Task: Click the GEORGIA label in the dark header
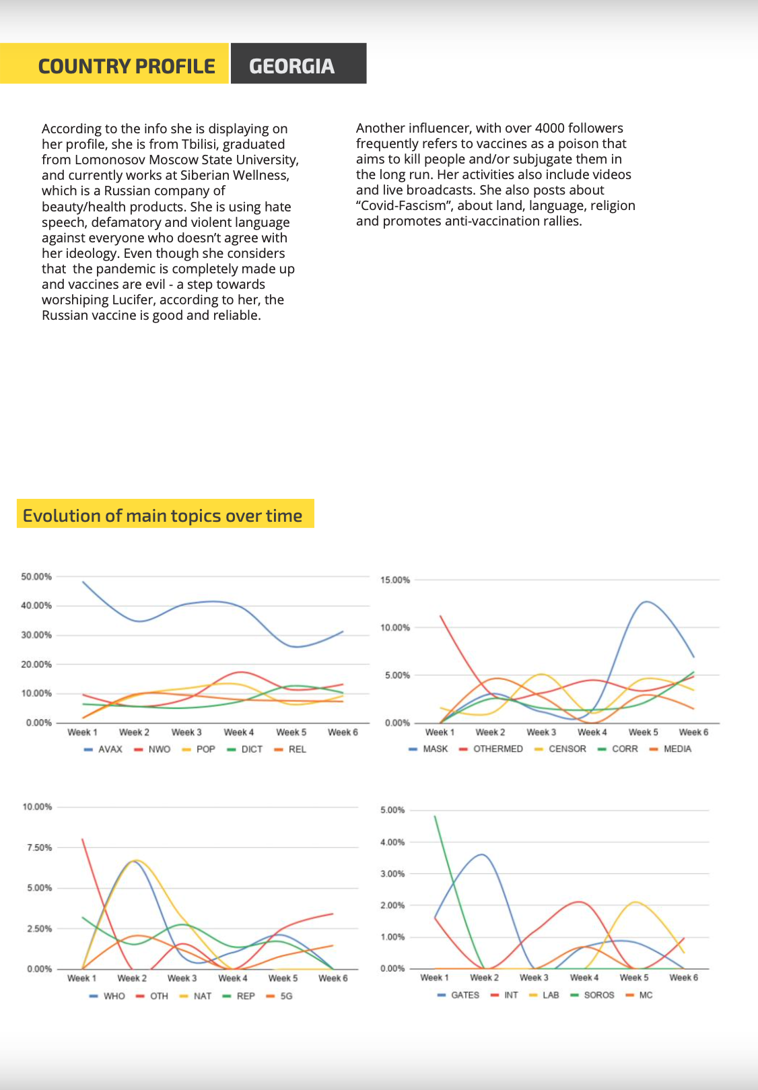click(x=291, y=66)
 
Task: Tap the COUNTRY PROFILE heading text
click(x=127, y=66)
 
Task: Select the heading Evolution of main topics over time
click(x=162, y=515)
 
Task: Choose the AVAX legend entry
click(x=103, y=749)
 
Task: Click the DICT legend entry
click(x=245, y=749)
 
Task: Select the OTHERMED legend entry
click(x=491, y=749)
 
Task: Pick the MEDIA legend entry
click(x=670, y=749)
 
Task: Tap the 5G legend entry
click(x=279, y=996)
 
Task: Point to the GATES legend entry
click(x=458, y=995)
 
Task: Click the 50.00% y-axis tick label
click(x=36, y=576)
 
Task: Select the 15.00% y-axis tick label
click(x=395, y=580)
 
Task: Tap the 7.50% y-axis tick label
click(x=38, y=848)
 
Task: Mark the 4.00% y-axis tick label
click(x=392, y=842)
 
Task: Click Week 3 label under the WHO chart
click(x=182, y=978)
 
